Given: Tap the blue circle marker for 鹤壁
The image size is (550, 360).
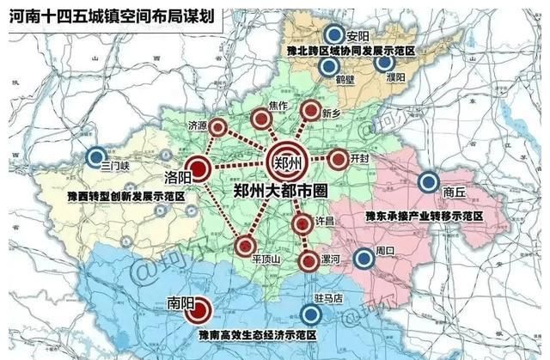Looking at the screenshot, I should pyautogui.click(x=328, y=67).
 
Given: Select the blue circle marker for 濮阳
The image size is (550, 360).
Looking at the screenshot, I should pyautogui.click(x=385, y=62).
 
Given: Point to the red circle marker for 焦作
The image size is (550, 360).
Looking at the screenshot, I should pyautogui.click(x=259, y=119).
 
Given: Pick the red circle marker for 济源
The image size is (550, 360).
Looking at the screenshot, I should pyautogui.click(x=219, y=128).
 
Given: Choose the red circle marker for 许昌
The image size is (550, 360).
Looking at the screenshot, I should pyautogui.click(x=301, y=225).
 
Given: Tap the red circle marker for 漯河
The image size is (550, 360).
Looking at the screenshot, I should pyautogui.click(x=307, y=262).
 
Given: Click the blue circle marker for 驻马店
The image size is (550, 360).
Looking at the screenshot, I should pyautogui.click(x=310, y=314).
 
